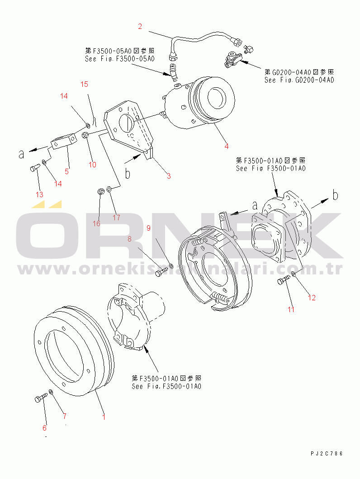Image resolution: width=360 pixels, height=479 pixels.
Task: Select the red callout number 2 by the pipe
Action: coord(140,26)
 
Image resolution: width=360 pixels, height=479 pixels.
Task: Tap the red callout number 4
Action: coord(226,146)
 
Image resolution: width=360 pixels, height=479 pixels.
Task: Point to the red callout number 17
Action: coord(116,217)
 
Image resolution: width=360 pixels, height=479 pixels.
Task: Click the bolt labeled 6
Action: coord(39,398)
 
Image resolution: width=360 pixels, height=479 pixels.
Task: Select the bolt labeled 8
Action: coord(160,273)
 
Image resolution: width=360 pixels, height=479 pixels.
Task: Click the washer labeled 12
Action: coord(294,273)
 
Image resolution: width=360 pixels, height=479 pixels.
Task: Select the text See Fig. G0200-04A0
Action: coord(299,80)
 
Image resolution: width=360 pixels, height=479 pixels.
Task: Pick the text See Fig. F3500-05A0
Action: coord(120,59)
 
